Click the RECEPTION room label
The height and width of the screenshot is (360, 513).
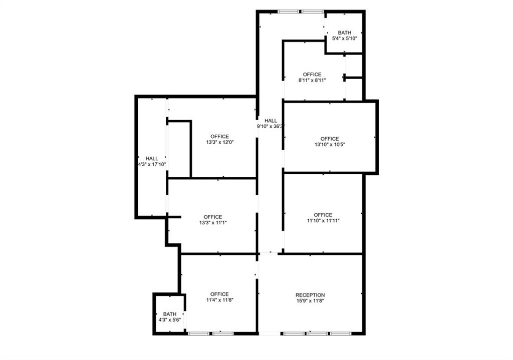click(310, 295)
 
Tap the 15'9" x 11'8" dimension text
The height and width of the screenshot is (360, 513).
click(310, 301)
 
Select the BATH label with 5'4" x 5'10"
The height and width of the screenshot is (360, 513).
click(345, 33)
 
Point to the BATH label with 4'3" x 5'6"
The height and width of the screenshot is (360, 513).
click(170, 314)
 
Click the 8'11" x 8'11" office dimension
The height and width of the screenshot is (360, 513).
click(312, 80)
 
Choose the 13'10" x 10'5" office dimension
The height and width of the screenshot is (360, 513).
click(330, 145)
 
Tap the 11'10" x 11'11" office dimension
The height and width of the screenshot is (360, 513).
click(323, 221)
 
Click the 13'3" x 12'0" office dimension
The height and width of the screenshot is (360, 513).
click(220, 142)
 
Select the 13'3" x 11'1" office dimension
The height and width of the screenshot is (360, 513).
click(213, 223)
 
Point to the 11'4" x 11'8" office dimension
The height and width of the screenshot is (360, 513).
click(219, 300)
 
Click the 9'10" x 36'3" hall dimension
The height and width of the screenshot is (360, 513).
click(270, 127)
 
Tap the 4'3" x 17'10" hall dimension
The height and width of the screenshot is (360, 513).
click(152, 164)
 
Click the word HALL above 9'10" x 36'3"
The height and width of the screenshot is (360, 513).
click(271, 121)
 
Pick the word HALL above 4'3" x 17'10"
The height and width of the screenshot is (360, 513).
click(152, 159)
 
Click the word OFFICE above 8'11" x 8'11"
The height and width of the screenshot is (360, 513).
click(312, 74)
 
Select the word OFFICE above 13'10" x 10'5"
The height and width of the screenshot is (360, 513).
click(330, 139)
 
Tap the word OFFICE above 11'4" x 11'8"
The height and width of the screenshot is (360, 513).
click(219, 294)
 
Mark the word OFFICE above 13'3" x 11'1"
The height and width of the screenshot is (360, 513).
click(213, 217)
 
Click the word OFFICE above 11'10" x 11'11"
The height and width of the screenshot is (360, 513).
click(323, 215)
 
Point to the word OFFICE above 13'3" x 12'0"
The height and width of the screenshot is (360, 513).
click(220, 136)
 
